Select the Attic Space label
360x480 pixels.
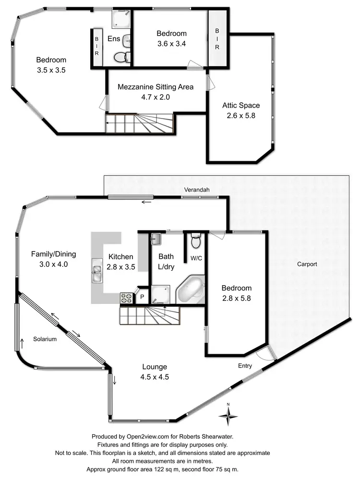[x=240, y=106]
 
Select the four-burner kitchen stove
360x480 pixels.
[x=126, y=298]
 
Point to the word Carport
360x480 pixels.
[x=307, y=264]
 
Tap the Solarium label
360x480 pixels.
[x=45, y=339]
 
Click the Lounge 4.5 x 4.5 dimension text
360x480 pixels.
[x=155, y=377]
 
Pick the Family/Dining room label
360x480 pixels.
[x=54, y=254]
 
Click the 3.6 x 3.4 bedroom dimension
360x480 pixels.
[x=171, y=43]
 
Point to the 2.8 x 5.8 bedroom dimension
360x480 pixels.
[x=236, y=297]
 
